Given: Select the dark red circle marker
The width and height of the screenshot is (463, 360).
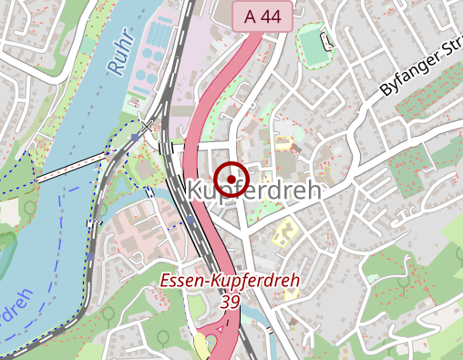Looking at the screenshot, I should pos(233,177).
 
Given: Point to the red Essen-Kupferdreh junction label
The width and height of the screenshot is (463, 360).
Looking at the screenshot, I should pos(230,282).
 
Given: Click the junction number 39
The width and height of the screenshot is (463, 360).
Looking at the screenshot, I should pos(230,301).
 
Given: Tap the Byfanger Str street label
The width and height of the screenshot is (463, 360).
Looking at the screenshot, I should pos(420,74).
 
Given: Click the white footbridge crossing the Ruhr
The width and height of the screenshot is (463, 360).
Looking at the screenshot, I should pos(73,168).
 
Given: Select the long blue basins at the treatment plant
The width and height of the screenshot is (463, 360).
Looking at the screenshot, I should pos(158,38).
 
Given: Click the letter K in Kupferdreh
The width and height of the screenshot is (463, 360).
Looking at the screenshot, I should pos(197,190).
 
